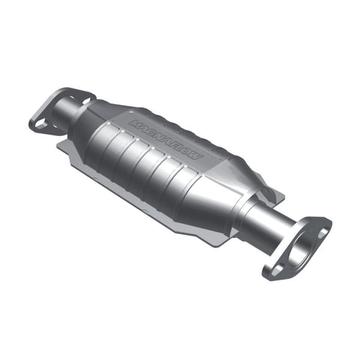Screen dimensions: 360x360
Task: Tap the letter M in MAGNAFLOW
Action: coord(132,119)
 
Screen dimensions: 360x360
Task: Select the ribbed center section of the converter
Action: coord(150,157)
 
